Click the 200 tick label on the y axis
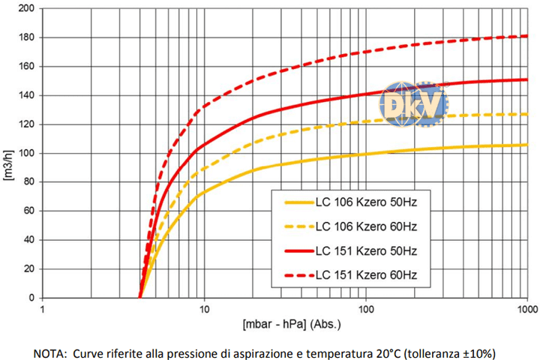tap(25, 8)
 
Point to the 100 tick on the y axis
tap(25, 153)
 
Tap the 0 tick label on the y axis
tap(30, 298)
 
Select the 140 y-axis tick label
tap(25, 95)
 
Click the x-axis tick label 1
tap(43, 308)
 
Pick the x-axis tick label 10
tap(204, 308)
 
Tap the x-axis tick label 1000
tap(526, 308)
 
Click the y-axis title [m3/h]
tap(9, 153)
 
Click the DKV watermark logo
tap(413, 104)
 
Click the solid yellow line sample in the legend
tap(298, 202)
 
